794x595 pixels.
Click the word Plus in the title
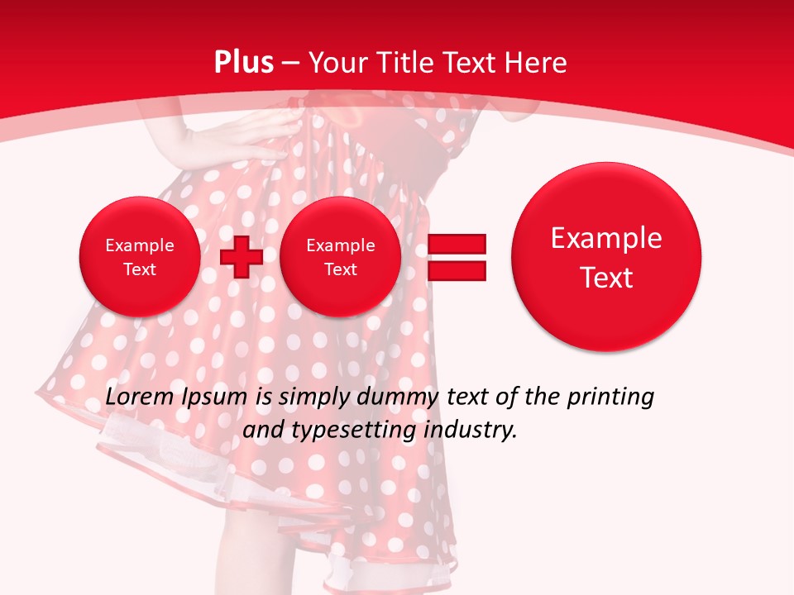pyautogui.click(x=243, y=63)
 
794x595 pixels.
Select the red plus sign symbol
pyautogui.click(x=242, y=256)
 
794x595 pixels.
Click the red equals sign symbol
pyautogui.click(x=457, y=257)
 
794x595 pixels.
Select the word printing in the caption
pyautogui.click(x=610, y=397)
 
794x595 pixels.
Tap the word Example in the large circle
pyautogui.click(x=606, y=238)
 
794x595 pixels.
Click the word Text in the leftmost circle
pyautogui.click(x=139, y=269)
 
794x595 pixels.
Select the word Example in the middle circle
pyautogui.click(x=340, y=245)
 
